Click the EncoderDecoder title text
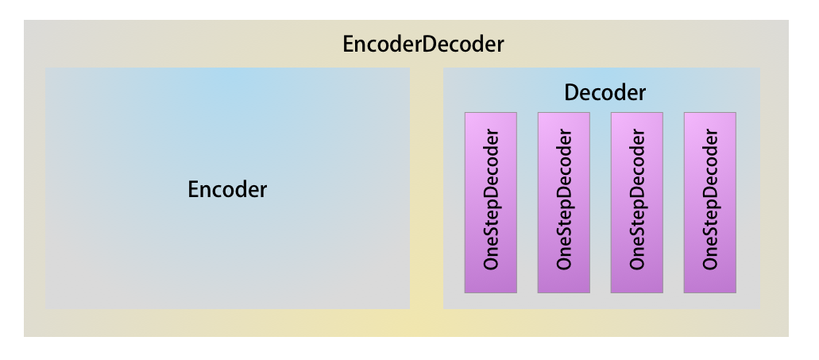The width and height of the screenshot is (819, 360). [423, 45]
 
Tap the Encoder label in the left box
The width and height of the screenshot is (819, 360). [227, 190]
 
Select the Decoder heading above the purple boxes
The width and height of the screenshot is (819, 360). [605, 93]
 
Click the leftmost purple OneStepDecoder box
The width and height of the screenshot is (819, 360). [490, 203]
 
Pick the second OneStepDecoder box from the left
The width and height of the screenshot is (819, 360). [563, 203]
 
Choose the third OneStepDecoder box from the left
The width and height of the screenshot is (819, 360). [636, 203]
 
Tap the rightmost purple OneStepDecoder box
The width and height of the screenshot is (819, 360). [709, 203]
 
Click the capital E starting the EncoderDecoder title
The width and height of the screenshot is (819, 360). [349, 45]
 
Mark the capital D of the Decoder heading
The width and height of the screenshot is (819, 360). [570, 93]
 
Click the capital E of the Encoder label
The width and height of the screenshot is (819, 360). [194, 190]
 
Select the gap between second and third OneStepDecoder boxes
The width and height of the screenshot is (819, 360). [600, 203]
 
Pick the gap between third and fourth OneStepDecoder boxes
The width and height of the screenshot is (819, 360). [673, 203]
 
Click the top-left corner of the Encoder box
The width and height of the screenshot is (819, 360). [47, 69]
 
